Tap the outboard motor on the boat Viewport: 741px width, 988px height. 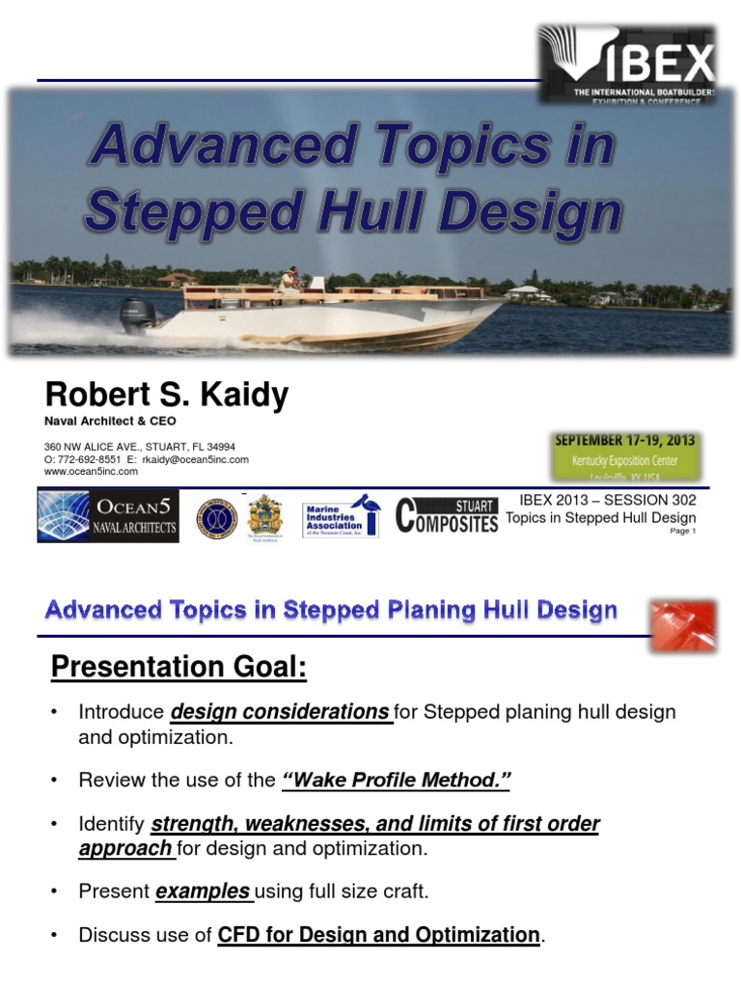(136, 316)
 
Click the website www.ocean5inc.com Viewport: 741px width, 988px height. (91, 472)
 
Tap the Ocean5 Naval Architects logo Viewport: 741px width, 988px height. (108, 516)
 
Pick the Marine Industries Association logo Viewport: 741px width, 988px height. (344, 518)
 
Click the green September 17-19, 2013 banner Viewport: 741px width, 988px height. (623, 455)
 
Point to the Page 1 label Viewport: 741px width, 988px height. (682, 532)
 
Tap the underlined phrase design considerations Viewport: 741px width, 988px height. (280, 712)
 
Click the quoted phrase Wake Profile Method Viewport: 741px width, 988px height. (395, 780)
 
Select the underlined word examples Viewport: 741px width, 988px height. (203, 892)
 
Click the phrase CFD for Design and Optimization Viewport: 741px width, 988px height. (378, 935)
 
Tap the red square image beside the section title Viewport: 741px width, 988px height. (682, 625)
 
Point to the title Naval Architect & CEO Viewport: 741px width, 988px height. (111, 421)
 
